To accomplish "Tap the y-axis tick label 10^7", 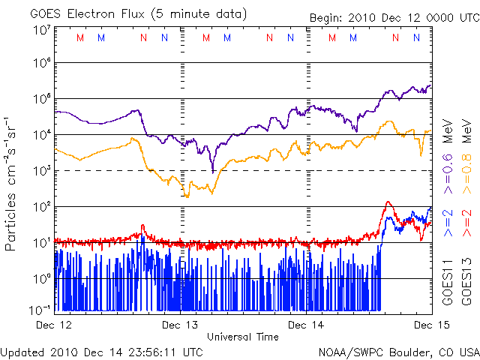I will click(x=40, y=29).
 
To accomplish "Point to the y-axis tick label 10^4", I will click(x=40, y=134).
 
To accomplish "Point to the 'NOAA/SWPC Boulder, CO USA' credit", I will click(x=398, y=351).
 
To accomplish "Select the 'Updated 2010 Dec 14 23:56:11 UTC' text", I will click(x=101, y=351).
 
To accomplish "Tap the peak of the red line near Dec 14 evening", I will click(x=388, y=202).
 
